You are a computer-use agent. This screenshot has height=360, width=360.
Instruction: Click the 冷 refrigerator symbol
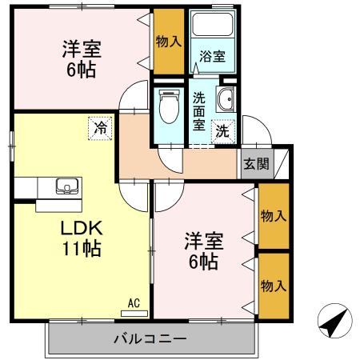101,128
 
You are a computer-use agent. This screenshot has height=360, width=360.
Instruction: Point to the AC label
134,302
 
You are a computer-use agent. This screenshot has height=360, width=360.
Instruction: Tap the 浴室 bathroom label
212,57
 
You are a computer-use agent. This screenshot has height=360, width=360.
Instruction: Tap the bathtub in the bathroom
211,28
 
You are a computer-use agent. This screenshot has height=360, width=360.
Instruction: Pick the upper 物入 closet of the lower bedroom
274,215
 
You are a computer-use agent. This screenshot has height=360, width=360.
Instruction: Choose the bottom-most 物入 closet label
274,286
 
